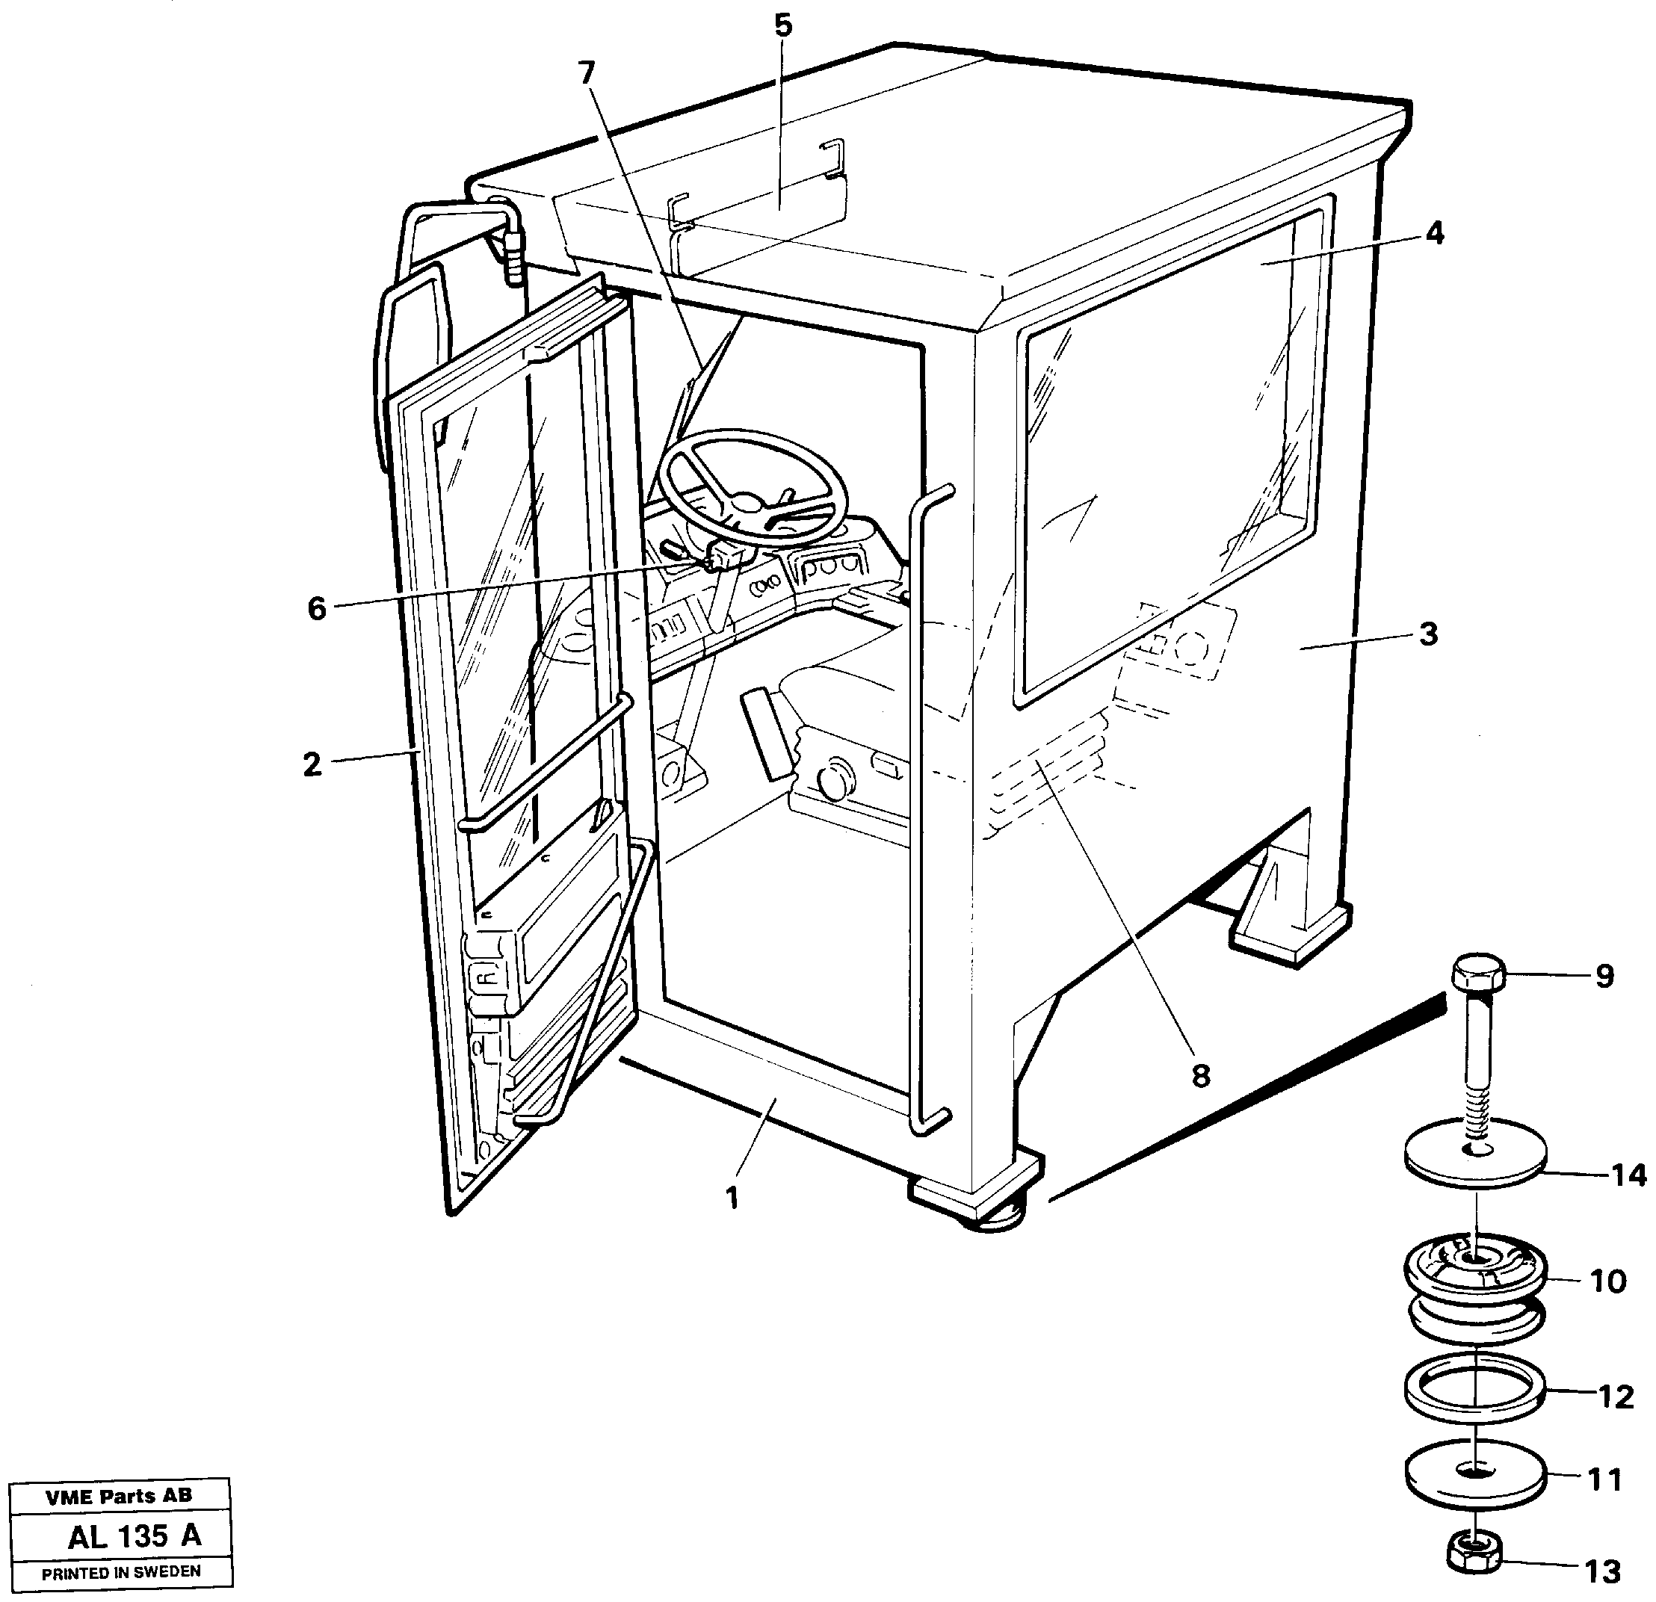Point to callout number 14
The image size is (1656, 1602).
[1628, 1175]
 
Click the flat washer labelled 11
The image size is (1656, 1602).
[1475, 1477]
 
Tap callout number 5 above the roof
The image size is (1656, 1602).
[783, 26]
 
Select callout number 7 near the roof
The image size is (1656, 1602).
[587, 73]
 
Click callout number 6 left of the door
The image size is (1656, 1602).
[316, 607]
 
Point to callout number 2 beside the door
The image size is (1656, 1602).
[312, 764]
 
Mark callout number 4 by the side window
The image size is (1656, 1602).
[1435, 233]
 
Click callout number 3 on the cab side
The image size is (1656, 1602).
[1428, 634]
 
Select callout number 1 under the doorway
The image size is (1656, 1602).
[732, 1197]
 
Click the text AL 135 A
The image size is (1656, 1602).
[135, 1535]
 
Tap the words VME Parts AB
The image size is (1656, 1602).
[119, 1497]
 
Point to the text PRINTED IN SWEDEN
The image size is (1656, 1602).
[121, 1571]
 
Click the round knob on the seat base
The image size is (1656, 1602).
[834, 782]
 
